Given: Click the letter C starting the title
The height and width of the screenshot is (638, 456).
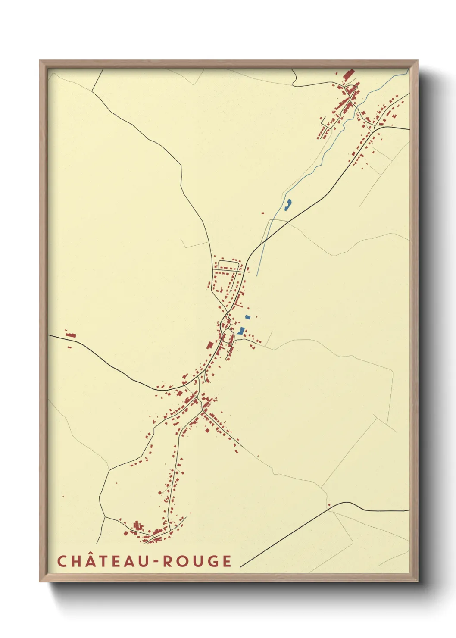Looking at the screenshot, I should click(x=61, y=561).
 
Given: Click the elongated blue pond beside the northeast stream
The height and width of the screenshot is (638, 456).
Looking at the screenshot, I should click(x=287, y=204).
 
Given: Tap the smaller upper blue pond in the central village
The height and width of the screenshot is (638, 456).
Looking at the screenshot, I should click(x=247, y=317).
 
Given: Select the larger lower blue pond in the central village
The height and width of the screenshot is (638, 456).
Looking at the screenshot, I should click(x=240, y=331).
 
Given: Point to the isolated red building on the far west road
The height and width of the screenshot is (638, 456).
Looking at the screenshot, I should click(x=71, y=335).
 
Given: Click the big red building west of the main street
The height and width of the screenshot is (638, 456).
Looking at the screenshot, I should click(x=210, y=345).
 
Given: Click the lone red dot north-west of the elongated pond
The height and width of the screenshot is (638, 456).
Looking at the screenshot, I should click(x=262, y=213).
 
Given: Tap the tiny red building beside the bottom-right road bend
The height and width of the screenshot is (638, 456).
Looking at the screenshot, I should click(x=329, y=505).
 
